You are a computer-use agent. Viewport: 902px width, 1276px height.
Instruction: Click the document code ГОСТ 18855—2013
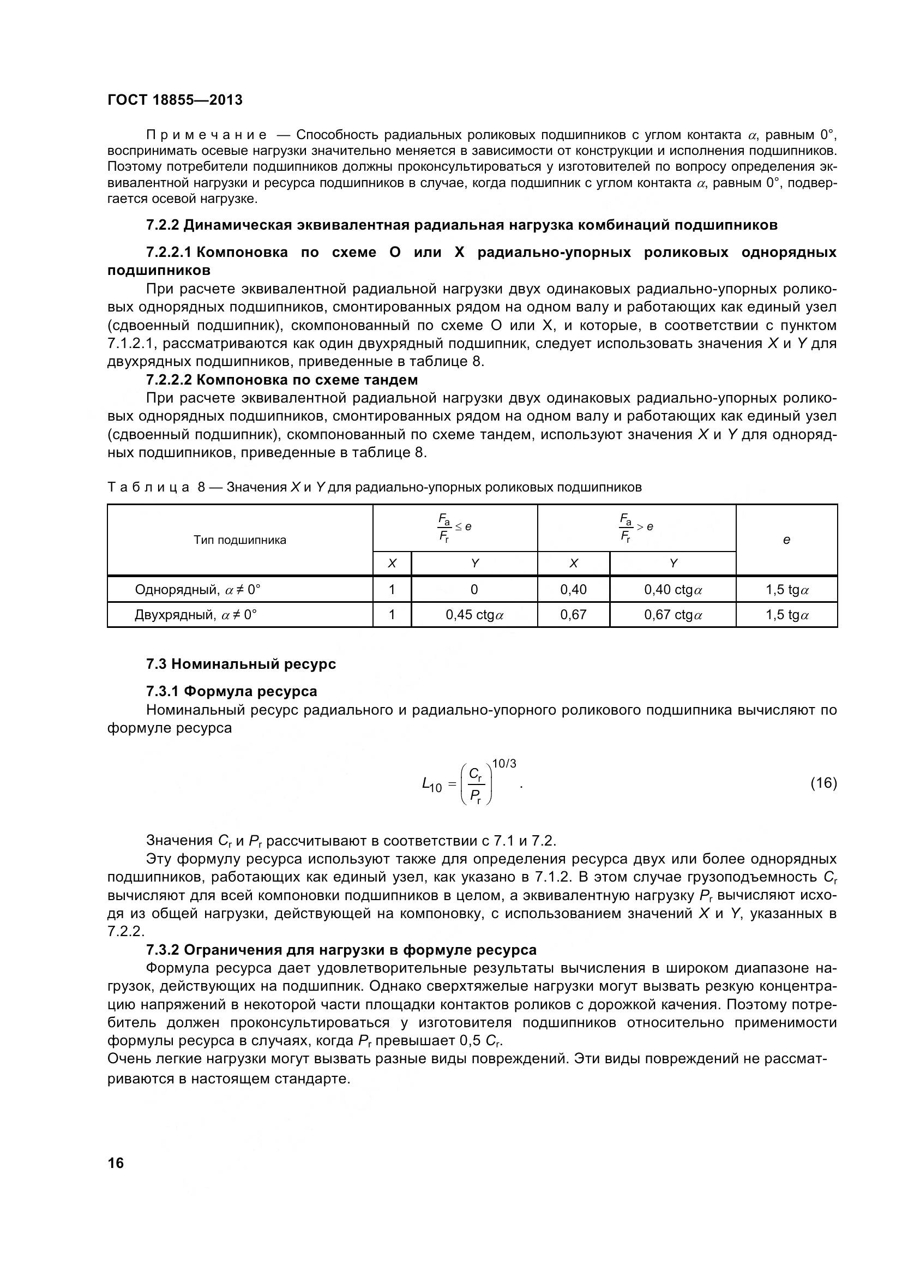pos(175,100)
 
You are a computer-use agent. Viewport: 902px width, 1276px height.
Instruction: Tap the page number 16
pos(116,1163)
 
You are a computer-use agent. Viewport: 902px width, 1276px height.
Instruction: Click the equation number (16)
pos(823,783)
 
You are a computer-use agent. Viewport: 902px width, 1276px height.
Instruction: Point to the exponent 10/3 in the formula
pos(504,764)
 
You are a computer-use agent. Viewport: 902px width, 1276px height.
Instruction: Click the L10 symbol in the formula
pos(432,784)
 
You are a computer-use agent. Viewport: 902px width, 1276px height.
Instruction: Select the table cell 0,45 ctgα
pos(474,615)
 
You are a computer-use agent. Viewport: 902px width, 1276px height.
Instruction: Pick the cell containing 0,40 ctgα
pos(672,589)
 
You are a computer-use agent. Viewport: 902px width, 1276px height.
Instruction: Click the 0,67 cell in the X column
pos(573,615)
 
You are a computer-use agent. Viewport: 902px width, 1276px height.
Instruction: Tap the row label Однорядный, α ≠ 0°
pos(197,589)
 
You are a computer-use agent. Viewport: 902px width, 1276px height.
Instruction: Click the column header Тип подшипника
pos(239,540)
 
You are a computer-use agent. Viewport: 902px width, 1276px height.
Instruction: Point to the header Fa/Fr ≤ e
pos(454,528)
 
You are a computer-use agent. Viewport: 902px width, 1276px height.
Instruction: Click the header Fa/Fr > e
pos(636,528)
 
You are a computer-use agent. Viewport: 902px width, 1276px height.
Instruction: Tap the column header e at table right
pos(786,540)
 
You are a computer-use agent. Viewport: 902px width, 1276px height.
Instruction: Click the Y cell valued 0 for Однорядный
pos(474,589)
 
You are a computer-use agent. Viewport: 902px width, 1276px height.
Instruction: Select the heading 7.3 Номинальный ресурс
pos(241,664)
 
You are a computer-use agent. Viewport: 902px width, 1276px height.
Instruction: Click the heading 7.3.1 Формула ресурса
pos(232,691)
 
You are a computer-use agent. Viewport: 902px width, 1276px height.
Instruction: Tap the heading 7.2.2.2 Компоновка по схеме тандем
pos(281,380)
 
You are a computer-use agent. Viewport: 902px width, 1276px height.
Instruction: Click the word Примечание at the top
pos(206,135)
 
